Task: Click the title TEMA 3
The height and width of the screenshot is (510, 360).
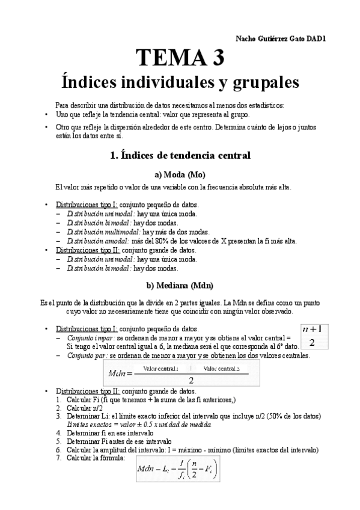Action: tap(180, 58)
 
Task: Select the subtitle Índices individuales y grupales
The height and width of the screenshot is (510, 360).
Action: tap(180, 81)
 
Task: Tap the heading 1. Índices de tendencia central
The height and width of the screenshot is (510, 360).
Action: tap(180, 155)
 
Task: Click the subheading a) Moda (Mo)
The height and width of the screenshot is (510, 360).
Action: tap(180, 174)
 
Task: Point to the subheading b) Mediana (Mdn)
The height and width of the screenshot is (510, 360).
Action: tap(180, 285)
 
